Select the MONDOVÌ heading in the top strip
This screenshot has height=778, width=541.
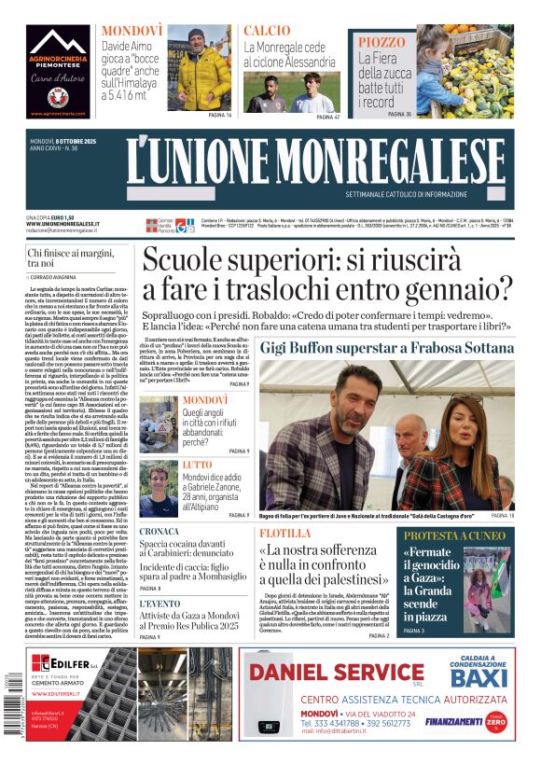click(132, 30)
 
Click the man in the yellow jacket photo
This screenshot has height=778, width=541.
click(200, 70)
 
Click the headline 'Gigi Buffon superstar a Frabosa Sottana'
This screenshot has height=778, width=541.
click(399, 348)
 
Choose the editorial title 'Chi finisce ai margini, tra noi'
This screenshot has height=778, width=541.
click(73, 258)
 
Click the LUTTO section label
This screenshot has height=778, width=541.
click(197, 464)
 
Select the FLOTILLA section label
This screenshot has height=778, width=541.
click(286, 534)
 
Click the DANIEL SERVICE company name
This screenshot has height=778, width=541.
click(337, 673)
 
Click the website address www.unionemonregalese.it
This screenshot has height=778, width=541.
click(62, 224)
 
